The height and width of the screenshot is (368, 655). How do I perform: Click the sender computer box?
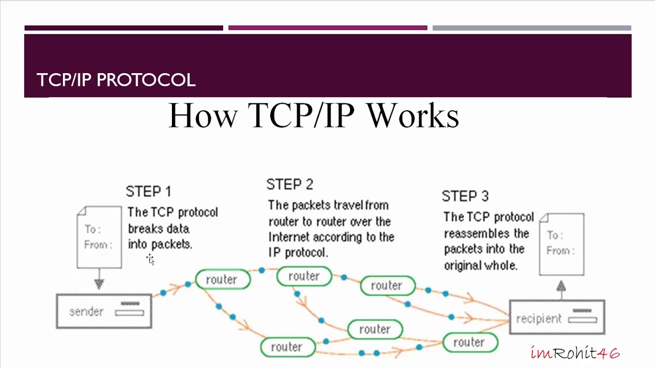(x=104, y=311)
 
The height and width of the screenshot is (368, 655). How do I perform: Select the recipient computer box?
(x=557, y=318)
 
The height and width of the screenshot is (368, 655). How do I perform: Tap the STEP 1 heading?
(x=148, y=192)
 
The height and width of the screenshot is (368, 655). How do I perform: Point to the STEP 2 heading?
(x=290, y=185)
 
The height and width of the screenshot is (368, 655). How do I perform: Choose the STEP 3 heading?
(x=465, y=196)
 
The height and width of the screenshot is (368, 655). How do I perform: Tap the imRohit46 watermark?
(x=575, y=353)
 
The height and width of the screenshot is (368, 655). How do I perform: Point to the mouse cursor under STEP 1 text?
(x=150, y=259)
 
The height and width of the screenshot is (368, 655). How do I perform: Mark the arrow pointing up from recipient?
(x=561, y=287)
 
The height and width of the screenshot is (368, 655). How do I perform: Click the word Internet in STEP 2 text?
(x=289, y=237)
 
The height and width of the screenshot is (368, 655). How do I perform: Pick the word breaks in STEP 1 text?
(x=143, y=228)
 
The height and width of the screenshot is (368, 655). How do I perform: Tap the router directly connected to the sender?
(x=222, y=280)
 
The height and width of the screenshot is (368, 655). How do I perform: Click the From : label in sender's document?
(x=98, y=245)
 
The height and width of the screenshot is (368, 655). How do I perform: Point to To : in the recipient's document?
(x=555, y=235)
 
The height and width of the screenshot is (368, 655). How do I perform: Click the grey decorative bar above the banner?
(x=532, y=28)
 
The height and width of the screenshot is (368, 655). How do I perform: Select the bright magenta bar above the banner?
(x=327, y=28)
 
